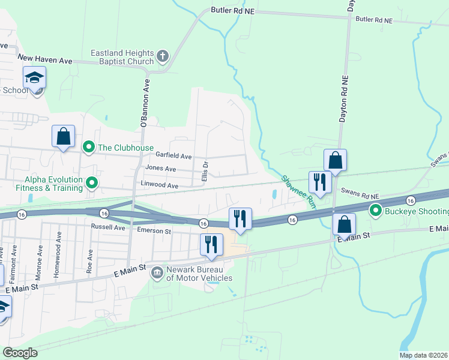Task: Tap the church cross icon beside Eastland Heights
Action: coord(162,57)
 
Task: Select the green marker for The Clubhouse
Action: coord(89,147)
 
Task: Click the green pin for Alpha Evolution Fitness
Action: coord(92,182)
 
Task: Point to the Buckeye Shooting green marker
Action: coord(376,211)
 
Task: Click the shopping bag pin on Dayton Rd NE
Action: coord(335,161)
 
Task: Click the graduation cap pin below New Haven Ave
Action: coord(35,79)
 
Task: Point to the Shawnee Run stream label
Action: coord(299,191)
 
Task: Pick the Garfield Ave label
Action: coord(175,156)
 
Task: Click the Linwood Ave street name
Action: coord(160,186)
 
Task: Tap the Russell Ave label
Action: coord(107,227)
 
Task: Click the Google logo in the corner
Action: coord(20,352)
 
